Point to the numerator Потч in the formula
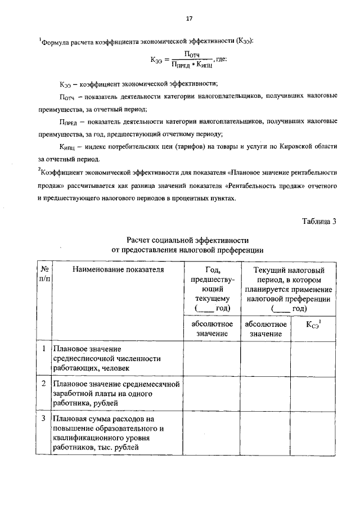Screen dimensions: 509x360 click(193, 54)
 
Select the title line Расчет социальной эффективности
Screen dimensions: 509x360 click(187, 240)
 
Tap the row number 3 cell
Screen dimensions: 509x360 click(44, 419)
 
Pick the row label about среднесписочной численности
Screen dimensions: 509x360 click(107, 358)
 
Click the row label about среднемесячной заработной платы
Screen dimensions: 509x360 click(115, 393)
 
